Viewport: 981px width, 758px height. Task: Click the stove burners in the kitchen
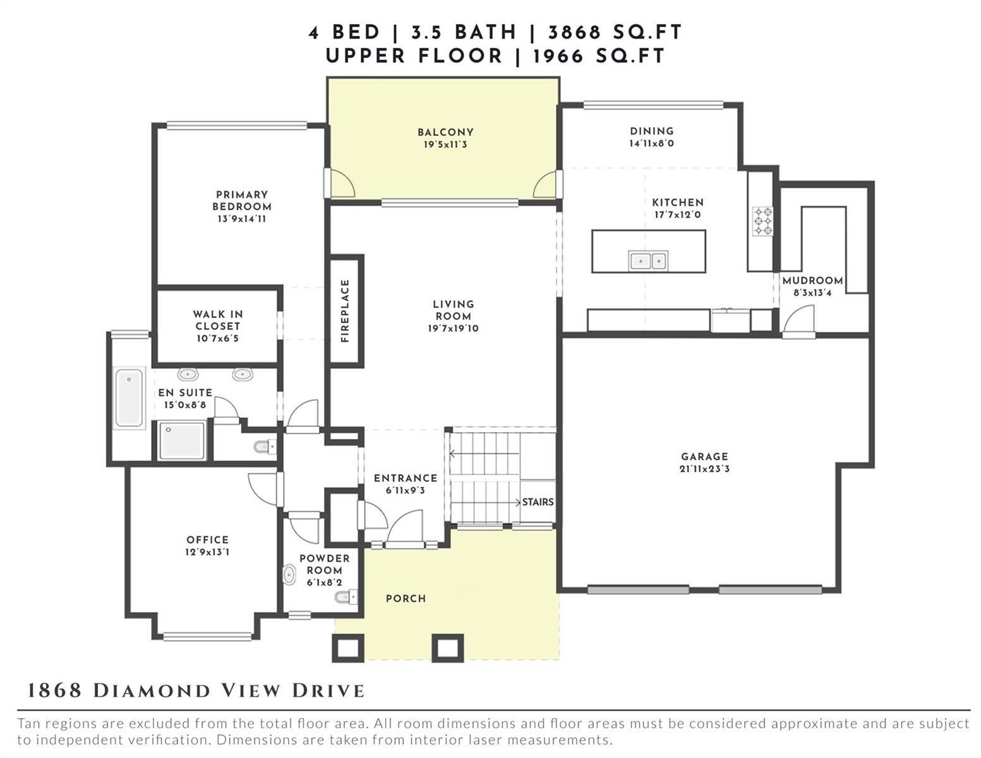762,221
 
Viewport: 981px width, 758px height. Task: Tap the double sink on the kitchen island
648,261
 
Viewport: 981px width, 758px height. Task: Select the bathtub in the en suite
129,398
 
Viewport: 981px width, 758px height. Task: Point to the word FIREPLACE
345,311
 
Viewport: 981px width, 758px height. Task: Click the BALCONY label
445,132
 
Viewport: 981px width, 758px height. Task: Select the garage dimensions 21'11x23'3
704,469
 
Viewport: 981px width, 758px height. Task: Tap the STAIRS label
538,502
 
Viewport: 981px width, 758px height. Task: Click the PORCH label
406,599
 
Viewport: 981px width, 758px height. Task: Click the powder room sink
289,575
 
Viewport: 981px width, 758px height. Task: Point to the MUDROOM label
812,280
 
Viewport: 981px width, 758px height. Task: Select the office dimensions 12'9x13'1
207,551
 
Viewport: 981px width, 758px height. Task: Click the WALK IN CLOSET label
218,320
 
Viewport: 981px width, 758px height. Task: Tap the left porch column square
347,648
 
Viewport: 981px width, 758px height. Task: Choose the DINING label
652,131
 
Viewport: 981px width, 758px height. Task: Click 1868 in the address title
54,691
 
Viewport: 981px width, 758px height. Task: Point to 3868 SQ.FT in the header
615,32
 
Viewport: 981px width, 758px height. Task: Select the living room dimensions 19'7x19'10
454,328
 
